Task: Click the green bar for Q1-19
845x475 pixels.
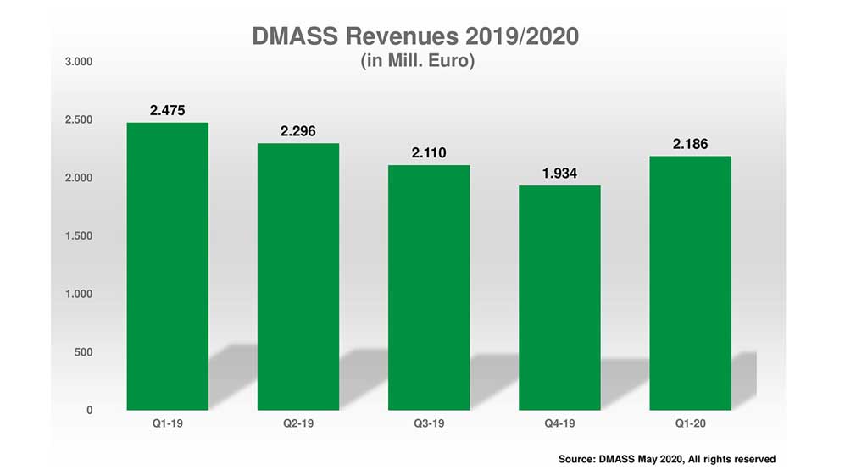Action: coord(167,267)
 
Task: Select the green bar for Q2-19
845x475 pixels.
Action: coord(298,277)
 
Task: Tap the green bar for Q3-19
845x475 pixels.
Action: coord(429,288)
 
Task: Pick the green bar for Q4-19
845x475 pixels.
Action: coord(559,298)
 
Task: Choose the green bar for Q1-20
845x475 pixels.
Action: coord(690,284)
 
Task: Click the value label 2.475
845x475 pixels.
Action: coord(167,111)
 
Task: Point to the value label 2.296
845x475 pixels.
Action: coord(298,132)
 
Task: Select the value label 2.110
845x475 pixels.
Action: coord(429,153)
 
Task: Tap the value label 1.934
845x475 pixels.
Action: coord(559,174)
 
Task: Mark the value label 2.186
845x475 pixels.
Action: coord(690,145)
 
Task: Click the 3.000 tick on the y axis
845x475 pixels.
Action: coord(77,62)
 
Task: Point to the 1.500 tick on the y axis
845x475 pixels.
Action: coord(77,235)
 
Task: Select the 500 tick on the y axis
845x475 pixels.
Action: coord(82,351)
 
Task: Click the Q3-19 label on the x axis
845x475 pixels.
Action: coord(429,423)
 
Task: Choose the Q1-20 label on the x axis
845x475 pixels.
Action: coord(690,423)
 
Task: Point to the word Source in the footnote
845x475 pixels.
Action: coord(576,459)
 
